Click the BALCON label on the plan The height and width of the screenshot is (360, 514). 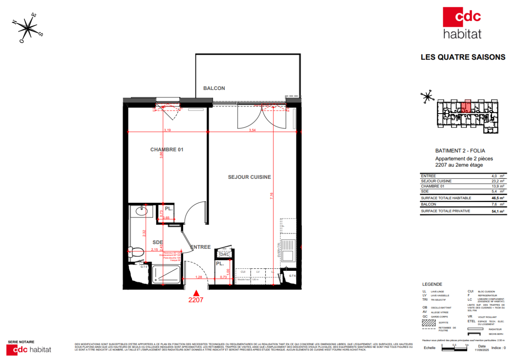click(x=214, y=88)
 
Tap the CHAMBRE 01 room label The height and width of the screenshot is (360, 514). click(x=166, y=150)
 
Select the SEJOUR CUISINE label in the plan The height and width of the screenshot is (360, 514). click(x=250, y=177)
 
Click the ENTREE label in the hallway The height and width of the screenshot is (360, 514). click(x=200, y=247)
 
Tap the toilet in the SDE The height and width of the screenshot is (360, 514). click(x=136, y=252)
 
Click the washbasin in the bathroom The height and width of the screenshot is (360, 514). click(x=141, y=211)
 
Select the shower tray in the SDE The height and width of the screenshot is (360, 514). click(x=166, y=275)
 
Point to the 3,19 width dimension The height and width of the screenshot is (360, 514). click(x=167, y=130)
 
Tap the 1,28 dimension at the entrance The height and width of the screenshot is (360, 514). click(x=198, y=277)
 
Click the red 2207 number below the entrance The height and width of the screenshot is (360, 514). click(x=196, y=300)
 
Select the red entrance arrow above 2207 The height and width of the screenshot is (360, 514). click(x=196, y=293)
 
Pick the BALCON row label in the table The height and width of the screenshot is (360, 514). click(x=428, y=204)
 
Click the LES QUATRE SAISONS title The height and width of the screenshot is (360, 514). click(x=463, y=57)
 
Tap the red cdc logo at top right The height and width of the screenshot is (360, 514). click(x=462, y=17)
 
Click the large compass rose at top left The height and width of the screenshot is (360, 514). click(x=28, y=28)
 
